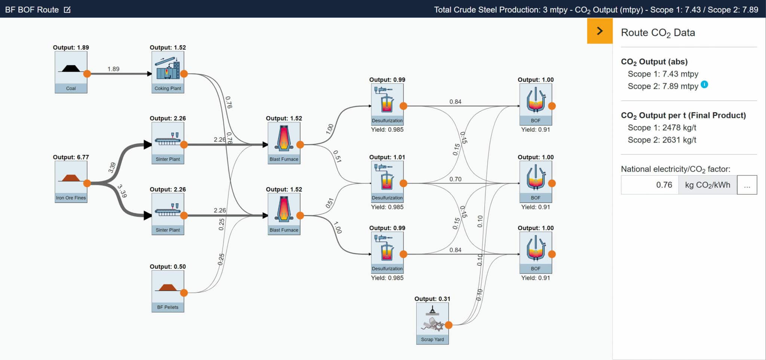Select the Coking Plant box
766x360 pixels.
coord(168,72)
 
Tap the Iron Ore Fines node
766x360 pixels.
coord(71,181)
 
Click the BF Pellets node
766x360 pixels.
coord(168,291)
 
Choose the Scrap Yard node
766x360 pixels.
coord(432,323)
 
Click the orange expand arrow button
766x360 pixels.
coord(600,31)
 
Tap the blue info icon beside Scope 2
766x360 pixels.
coord(704,84)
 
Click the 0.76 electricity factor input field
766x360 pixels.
coord(650,185)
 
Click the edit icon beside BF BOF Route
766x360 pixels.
coord(67,9)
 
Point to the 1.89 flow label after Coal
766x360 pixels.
coord(113,69)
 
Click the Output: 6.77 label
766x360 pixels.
coord(71,157)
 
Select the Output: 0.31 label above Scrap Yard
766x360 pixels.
coord(432,299)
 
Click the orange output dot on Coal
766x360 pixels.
coord(87,74)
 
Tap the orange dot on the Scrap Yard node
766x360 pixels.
coord(449,325)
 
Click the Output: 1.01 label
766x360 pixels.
coord(387,157)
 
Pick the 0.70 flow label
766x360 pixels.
coord(455,179)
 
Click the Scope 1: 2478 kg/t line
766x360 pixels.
coord(662,128)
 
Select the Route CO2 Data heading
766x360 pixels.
coord(658,33)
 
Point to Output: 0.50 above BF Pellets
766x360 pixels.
coord(168,266)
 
